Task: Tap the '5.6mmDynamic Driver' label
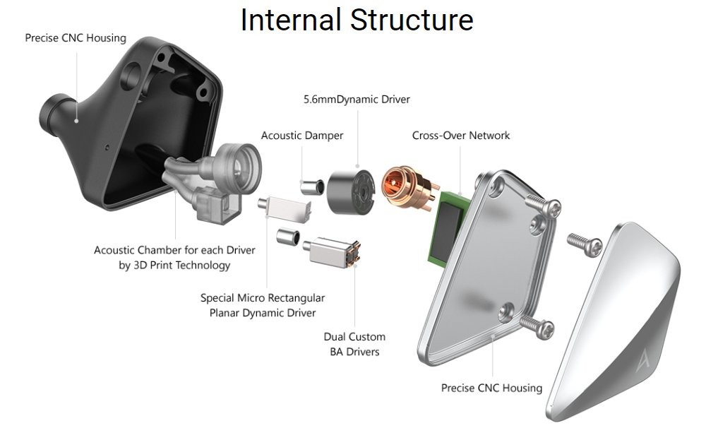357,100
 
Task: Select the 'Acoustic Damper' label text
302,135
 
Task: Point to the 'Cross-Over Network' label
460,135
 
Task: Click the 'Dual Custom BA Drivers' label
354,344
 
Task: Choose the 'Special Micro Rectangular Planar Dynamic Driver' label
263,305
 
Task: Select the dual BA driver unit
333,252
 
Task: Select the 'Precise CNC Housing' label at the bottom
491,388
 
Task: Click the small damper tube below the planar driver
286,237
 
